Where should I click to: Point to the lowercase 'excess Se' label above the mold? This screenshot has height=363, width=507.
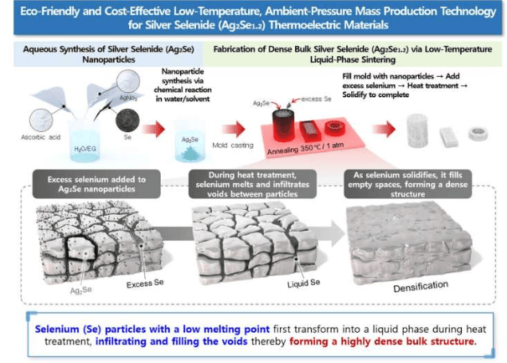tap(319, 100)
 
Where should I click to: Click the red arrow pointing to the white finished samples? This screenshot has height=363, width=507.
tap(385, 130)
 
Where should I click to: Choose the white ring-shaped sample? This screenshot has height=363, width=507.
tap(478, 132)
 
